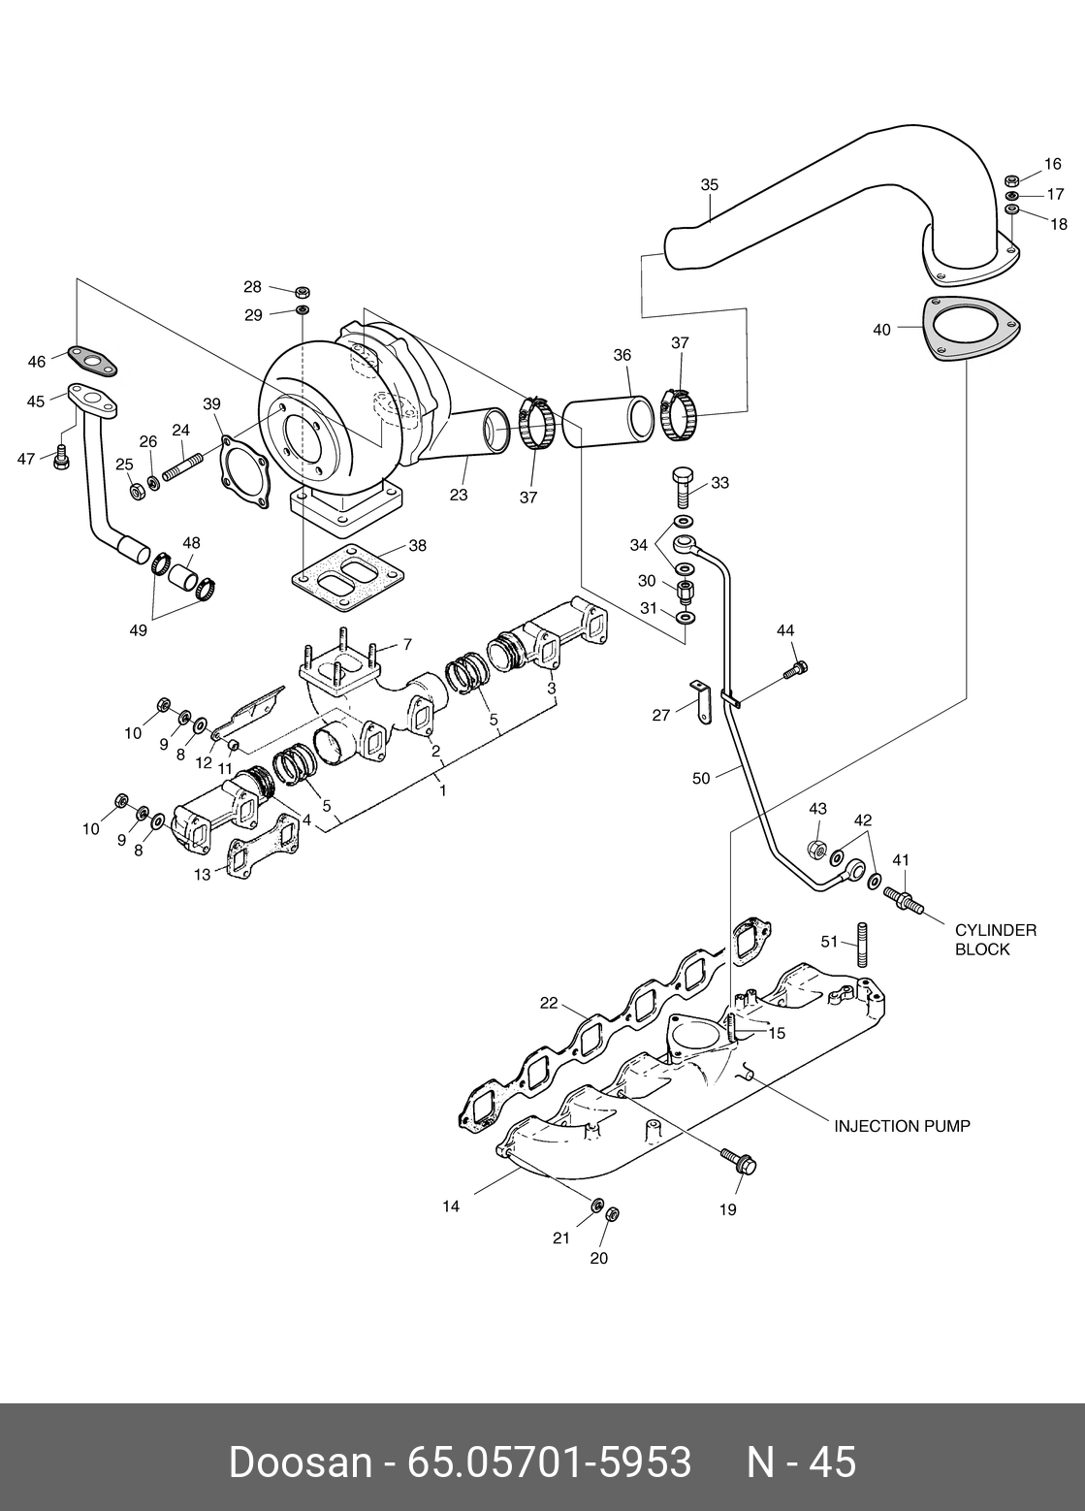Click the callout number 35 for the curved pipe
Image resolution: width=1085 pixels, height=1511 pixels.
click(x=710, y=185)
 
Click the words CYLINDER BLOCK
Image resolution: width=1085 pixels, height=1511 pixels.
click(x=996, y=940)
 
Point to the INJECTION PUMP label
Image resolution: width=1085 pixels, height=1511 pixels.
click(x=903, y=1126)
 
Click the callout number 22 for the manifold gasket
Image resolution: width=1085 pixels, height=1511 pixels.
click(x=549, y=1003)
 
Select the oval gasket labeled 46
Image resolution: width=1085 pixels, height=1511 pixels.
click(x=92, y=360)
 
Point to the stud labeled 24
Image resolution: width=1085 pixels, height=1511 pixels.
click(x=182, y=467)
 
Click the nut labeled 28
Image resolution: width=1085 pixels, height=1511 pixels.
click(x=303, y=293)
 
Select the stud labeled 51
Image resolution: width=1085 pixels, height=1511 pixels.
click(x=863, y=945)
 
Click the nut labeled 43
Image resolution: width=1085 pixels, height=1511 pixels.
click(x=817, y=850)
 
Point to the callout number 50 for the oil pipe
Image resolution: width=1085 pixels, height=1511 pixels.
click(x=701, y=778)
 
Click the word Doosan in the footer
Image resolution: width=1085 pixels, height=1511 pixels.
click(x=300, y=1462)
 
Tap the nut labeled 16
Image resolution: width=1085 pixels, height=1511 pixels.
click(x=1010, y=180)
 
